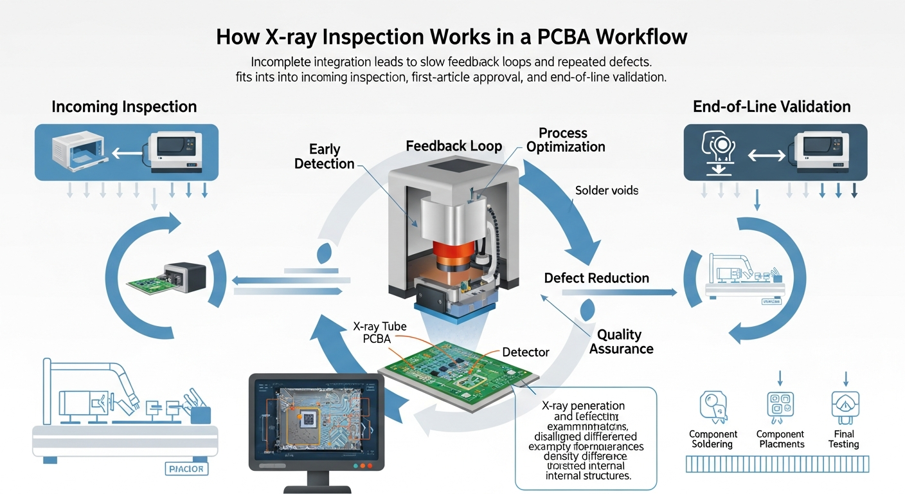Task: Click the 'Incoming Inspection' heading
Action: pos(124,107)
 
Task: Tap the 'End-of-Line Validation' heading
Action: pos(771,107)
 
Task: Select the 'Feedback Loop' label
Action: pos(454,146)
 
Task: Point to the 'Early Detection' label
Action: pos(324,156)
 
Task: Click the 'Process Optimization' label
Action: pos(565,140)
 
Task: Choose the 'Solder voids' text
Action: pos(606,190)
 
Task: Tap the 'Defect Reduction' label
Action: pos(596,278)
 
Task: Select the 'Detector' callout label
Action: pos(525,352)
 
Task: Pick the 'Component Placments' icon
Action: pos(780,406)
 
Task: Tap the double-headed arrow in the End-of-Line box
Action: pos(767,156)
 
